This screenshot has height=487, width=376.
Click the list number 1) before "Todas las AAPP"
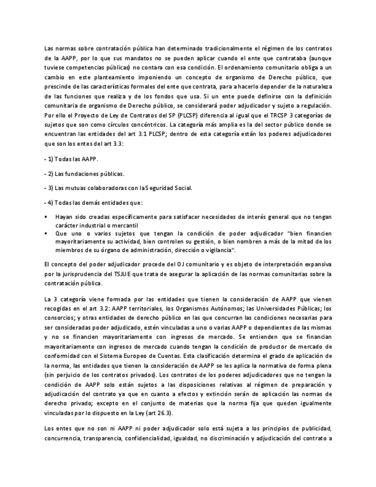tap(51, 158)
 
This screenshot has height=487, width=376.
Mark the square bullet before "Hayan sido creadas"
tap(46, 217)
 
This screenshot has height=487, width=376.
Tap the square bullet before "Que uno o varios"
tap(46, 234)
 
